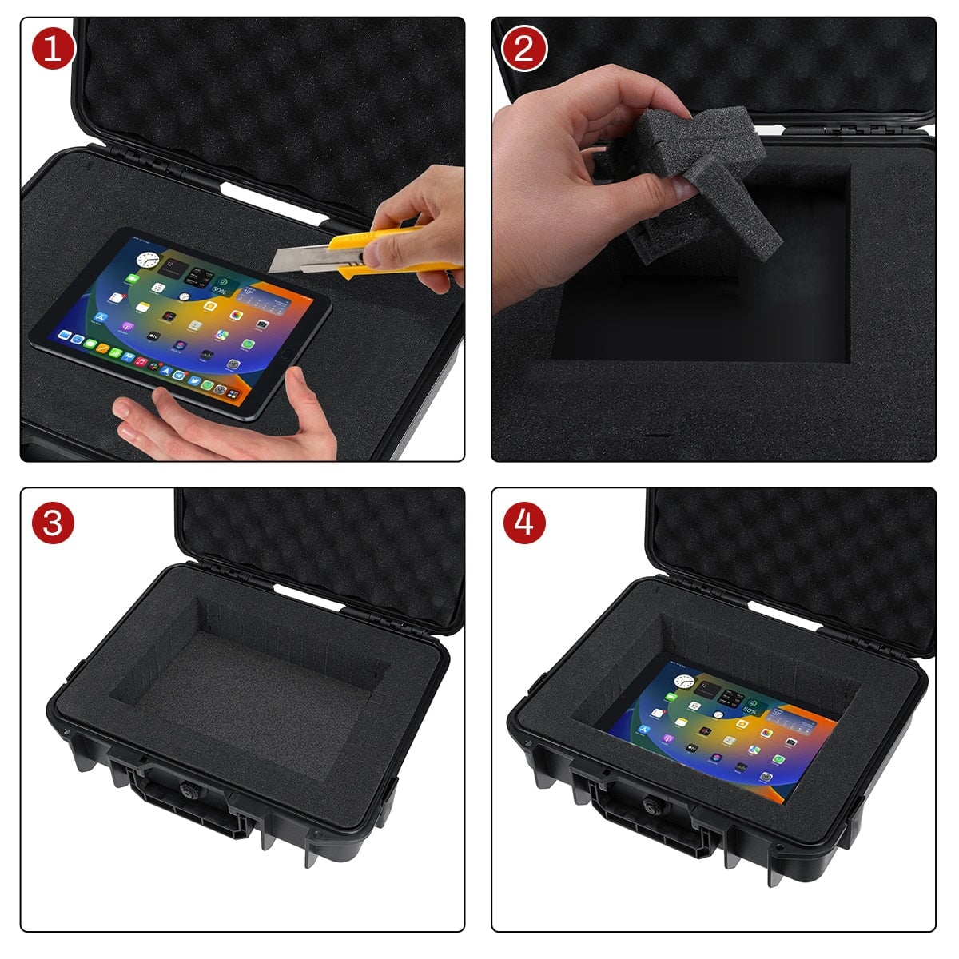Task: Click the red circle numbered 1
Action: click(x=54, y=49)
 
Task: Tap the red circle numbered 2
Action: click(x=524, y=49)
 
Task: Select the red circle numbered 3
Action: click(x=54, y=523)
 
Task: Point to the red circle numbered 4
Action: click(x=524, y=523)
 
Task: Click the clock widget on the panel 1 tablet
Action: click(x=147, y=260)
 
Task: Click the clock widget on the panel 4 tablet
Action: click(x=683, y=682)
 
